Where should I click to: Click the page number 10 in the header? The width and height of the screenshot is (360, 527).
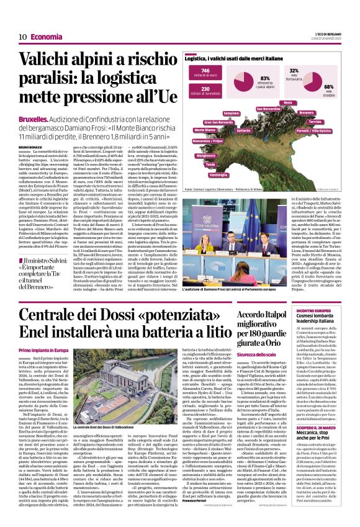[22, 37]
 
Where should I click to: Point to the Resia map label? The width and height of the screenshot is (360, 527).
[287, 102]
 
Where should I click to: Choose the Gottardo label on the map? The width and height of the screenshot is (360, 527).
[244, 130]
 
